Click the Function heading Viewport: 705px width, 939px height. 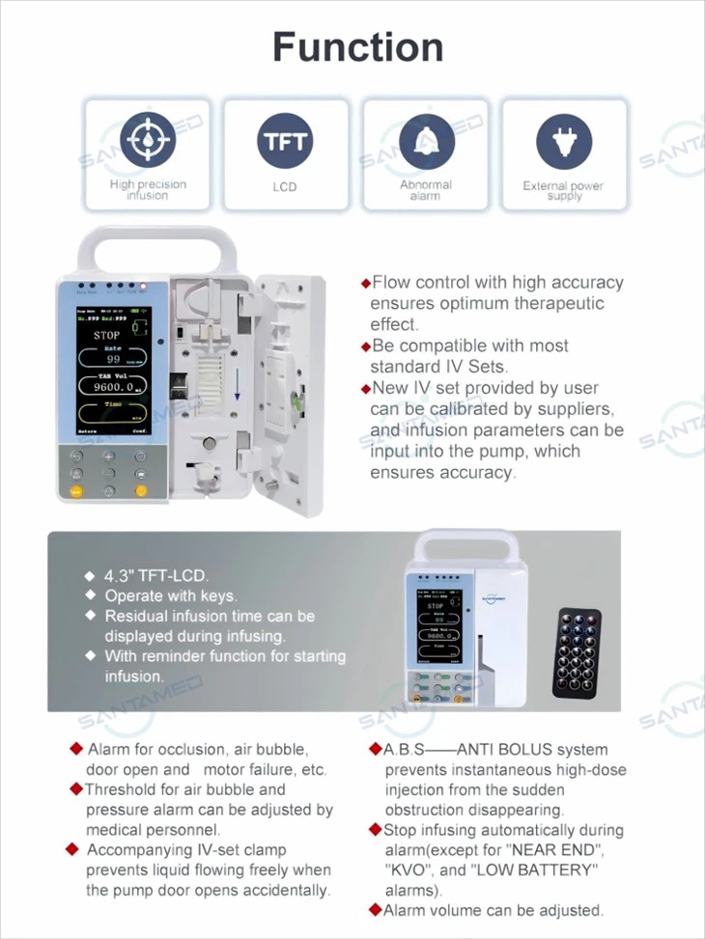(x=357, y=46)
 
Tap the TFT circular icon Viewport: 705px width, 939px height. (x=285, y=141)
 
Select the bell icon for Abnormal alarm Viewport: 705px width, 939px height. (x=425, y=141)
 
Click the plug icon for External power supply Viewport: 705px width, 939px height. (x=564, y=141)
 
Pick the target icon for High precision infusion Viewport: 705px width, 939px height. (x=148, y=141)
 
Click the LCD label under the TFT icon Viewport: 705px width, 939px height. (x=285, y=186)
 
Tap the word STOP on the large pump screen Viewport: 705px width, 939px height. (x=106, y=335)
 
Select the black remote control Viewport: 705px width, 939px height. (x=576, y=652)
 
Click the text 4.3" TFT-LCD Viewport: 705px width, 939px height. (x=155, y=576)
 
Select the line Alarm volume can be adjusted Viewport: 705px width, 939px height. (x=493, y=910)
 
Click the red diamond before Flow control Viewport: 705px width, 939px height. (x=365, y=284)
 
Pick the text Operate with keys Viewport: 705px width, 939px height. (x=170, y=596)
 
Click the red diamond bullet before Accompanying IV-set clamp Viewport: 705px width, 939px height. (x=71, y=849)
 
